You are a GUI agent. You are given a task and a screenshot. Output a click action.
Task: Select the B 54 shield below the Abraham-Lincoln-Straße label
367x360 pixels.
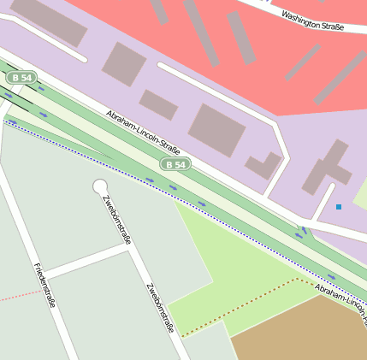point(175,163)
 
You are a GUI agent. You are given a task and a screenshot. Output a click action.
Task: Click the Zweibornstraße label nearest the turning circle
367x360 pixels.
point(116,220)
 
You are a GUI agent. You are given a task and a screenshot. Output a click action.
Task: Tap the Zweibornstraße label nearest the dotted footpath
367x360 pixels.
point(160,307)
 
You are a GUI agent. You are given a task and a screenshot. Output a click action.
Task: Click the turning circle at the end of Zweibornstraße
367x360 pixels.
point(100,186)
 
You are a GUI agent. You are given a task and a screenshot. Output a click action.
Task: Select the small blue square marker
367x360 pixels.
point(338,207)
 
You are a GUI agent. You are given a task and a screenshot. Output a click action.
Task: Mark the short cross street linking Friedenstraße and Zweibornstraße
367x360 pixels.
point(86,260)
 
